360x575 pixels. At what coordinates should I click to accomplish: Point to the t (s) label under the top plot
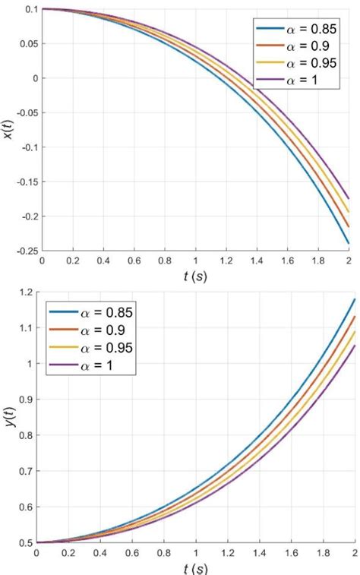(195, 277)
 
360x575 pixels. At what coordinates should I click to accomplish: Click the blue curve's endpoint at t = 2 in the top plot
(349, 243)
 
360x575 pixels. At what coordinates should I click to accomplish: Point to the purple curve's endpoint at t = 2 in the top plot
(349, 198)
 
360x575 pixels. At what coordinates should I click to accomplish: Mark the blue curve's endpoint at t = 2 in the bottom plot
(355, 300)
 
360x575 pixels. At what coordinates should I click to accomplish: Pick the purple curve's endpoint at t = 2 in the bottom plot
(355, 346)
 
